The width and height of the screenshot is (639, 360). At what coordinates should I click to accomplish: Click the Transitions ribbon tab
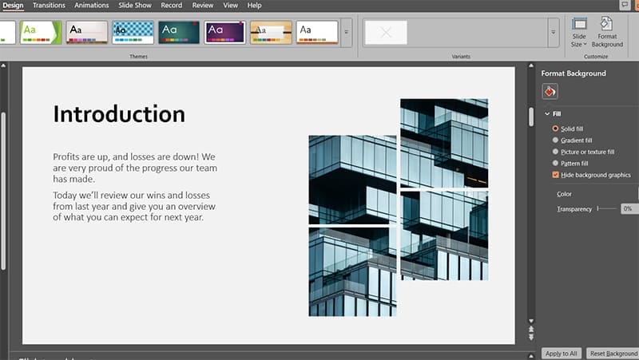[x=50, y=6]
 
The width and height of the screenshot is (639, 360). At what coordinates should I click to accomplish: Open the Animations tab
[x=91, y=6]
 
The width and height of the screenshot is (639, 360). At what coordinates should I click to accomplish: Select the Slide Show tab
[x=134, y=6]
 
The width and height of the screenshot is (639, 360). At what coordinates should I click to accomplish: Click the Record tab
[x=172, y=6]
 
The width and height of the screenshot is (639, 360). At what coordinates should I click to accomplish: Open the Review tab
[x=203, y=6]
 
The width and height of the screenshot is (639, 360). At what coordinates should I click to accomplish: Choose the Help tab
[x=255, y=6]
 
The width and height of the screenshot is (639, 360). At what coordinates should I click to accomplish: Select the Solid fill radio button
[x=556, y=129]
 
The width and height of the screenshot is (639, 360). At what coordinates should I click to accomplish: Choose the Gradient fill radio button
[x=556, y=140]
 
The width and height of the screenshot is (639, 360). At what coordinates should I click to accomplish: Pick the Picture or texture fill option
[x=556, y=152]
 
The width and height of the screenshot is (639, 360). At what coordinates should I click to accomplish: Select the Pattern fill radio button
[x=556, y=164]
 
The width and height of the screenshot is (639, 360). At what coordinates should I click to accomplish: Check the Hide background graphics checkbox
[x=556, y=175]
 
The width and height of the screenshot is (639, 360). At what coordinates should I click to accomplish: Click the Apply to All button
[x=561, y=353]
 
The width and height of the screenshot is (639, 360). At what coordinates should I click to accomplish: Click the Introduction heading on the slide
[x=119, y=113]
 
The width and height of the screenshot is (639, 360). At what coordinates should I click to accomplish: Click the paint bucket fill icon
[x=551, y=91]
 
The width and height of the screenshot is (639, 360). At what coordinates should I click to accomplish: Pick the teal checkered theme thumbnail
[x=133, y=32]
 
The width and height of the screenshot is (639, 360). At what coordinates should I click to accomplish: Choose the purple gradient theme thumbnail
[x=225, y=32]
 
